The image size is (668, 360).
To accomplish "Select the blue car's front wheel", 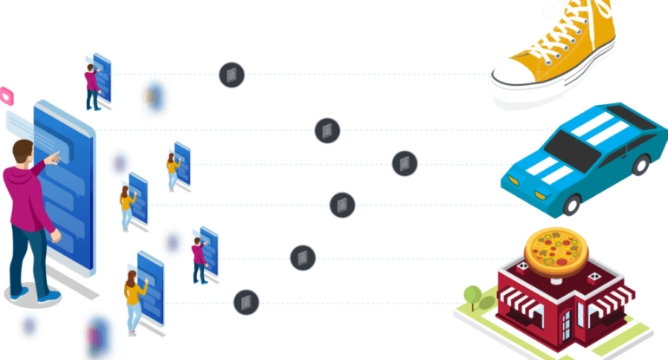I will click(x=572, y=205).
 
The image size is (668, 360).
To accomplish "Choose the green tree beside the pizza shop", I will click(x=474, y=298).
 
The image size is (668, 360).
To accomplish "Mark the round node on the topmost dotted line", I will click(x=232, y=75).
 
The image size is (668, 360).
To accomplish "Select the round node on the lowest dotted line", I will click(x=246, y=302).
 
